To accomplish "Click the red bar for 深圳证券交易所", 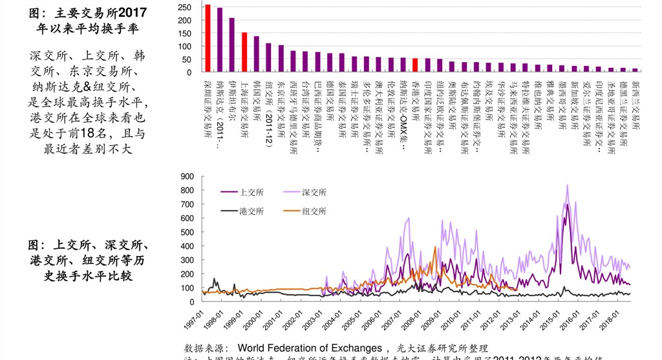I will (208, 38).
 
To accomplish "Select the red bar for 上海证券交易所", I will (244, 52).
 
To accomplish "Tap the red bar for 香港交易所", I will (415, 65).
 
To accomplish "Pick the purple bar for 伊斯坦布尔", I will (232, 45).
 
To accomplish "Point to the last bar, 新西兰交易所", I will (635, 70).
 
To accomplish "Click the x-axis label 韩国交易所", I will (257, 98).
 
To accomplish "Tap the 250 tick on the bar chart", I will (185, 7).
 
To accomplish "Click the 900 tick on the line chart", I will (187, 176).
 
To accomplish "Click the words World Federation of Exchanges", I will (310, 348).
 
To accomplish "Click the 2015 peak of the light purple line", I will (568, 185).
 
